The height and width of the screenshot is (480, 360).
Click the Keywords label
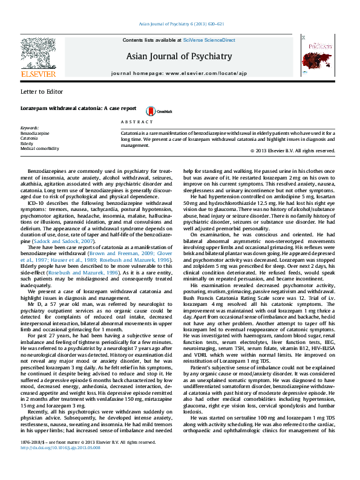coord(30,129)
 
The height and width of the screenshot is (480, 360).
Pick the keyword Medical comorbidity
coord(39,148)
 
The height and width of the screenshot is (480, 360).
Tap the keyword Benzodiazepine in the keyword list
coord(34,134)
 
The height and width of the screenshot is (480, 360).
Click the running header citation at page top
coord(182,24)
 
